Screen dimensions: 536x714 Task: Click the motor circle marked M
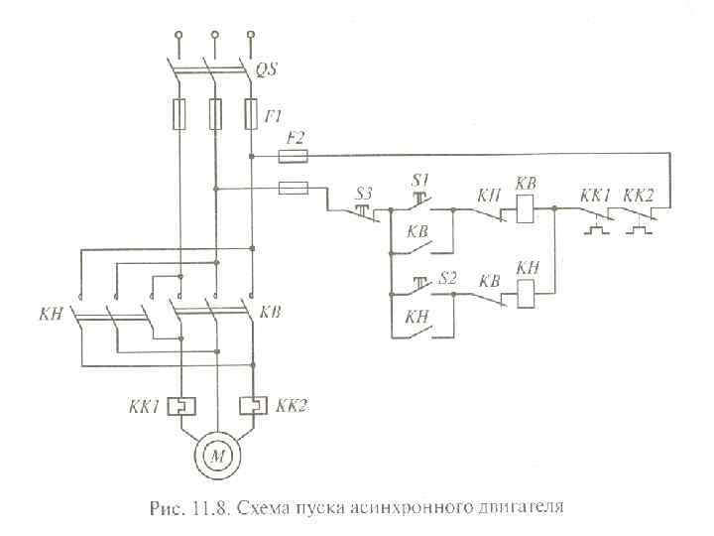(x=216, y=456)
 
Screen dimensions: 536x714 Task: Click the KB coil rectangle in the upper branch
(x=525, y=210)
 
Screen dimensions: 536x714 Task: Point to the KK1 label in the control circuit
(x=594, y=195)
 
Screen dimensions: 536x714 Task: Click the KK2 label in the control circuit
(x=640, y=195)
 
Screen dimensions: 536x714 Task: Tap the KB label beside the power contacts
(x=273, y=313)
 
